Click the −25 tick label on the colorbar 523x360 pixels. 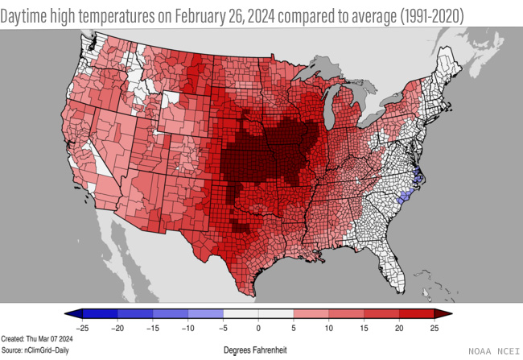point(81,328)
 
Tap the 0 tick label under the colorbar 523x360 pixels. point(259,328)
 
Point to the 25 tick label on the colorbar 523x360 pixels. point(435,328)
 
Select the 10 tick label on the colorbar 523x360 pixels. point(329,328)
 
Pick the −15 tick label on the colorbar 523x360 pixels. point(152,328)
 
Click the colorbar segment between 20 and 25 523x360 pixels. point(418,314)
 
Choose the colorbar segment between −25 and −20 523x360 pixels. point(100,314)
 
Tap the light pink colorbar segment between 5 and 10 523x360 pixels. point(311,314)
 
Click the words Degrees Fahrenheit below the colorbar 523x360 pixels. point(255,350)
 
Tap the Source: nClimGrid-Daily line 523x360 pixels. point(33,351)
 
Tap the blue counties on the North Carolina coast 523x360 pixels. point(417,180)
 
